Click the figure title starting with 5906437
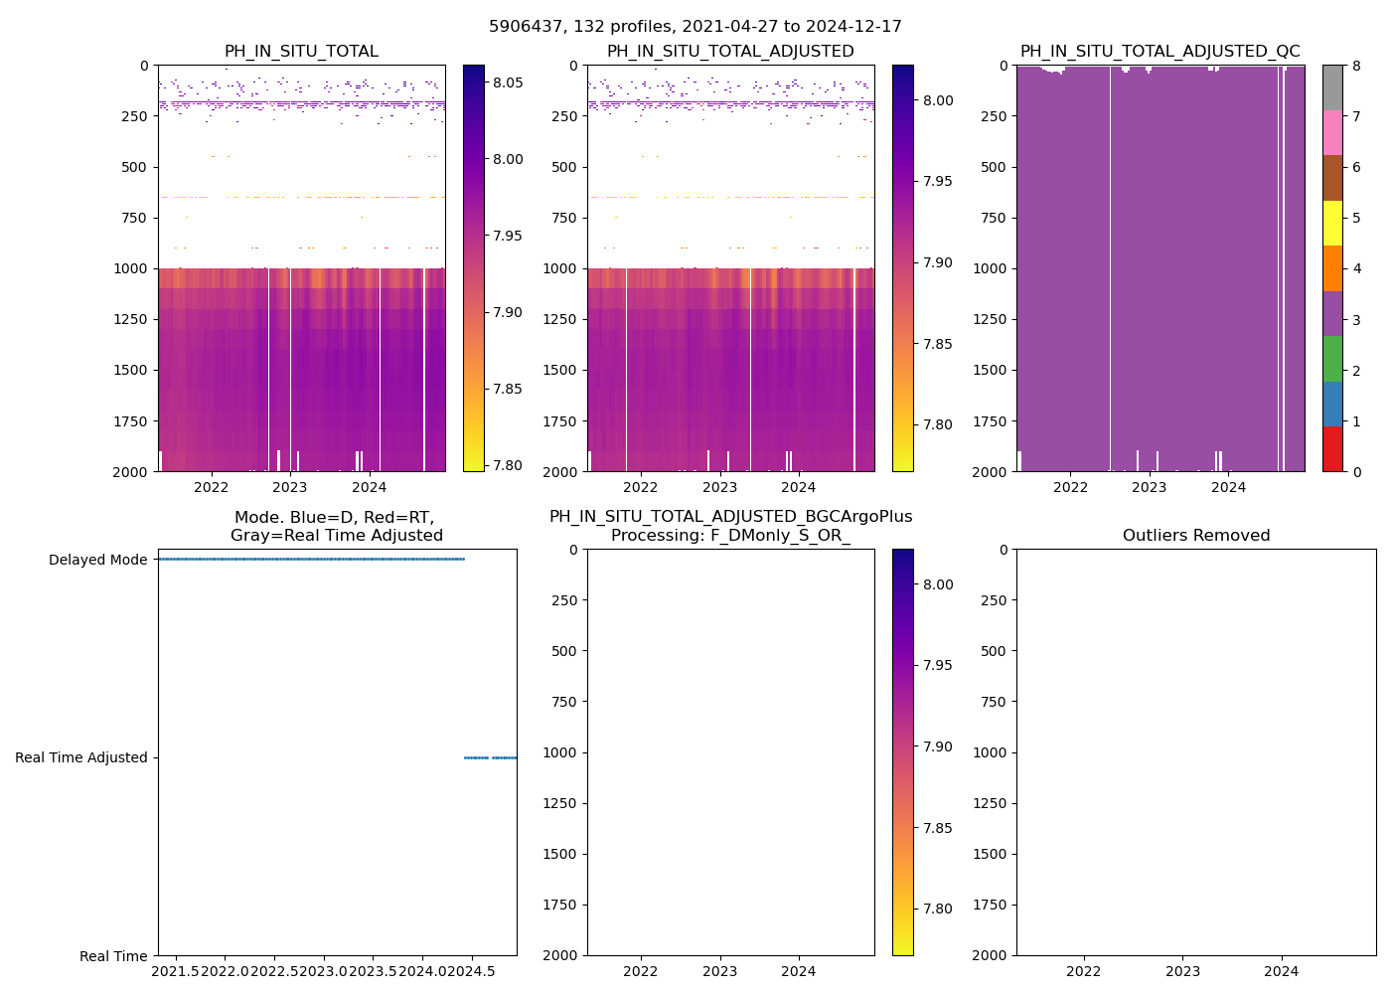point(695,27)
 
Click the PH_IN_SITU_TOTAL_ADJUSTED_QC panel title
point(1159,52)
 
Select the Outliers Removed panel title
point(1195,536)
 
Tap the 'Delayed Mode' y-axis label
point(97,560)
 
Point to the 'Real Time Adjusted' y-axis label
point(80,757)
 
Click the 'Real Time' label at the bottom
point(113,956)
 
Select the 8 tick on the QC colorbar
point(1355,66)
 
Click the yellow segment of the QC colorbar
point(1332,223)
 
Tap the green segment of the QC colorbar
point(1332,358)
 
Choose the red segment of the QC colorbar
point(1332,448)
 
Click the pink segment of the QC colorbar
point(1332,132)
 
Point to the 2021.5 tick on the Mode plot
point(175,970)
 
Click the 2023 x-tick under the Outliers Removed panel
point(1181,970)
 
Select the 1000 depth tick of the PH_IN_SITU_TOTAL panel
point(132,268)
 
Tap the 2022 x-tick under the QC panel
point(1070,487)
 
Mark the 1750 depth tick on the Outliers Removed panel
point(991,905)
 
